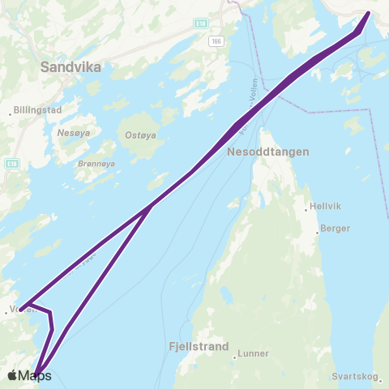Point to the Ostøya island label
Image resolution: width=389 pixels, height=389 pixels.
(139, 135)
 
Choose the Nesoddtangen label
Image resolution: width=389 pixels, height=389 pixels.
(263, 152)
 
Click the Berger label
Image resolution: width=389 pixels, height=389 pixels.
(335, 229)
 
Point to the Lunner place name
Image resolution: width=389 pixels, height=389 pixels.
(253, 355)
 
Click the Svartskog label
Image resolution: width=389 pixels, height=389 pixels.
(355, 377)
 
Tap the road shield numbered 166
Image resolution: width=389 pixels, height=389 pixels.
(215, 41)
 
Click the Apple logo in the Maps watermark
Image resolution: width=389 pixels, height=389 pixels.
(12, 375)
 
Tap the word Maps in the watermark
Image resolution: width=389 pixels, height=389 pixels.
(35, 375)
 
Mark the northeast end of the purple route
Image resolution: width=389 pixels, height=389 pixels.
(369, 14)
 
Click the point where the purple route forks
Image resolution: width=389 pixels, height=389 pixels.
(151, 207)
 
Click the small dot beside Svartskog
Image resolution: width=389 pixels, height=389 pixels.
(333, 377)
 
